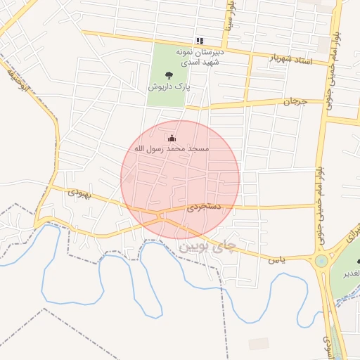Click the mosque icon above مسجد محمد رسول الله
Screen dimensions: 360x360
(x=172, y=139)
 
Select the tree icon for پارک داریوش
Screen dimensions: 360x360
(x=169, y=75)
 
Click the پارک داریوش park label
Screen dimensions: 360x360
(x=169, y=86)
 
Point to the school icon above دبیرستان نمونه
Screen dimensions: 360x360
(x=200, y=41)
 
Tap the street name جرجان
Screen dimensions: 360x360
(x=296, y=102)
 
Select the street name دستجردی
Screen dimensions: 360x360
(x=205, y=207)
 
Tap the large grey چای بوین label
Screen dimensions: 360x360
(x=205, y=247)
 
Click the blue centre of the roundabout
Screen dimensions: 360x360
(x=321, y=261)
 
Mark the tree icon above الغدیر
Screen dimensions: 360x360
(x=357, y=262)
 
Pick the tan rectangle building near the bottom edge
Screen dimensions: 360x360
(x=259, y=343)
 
